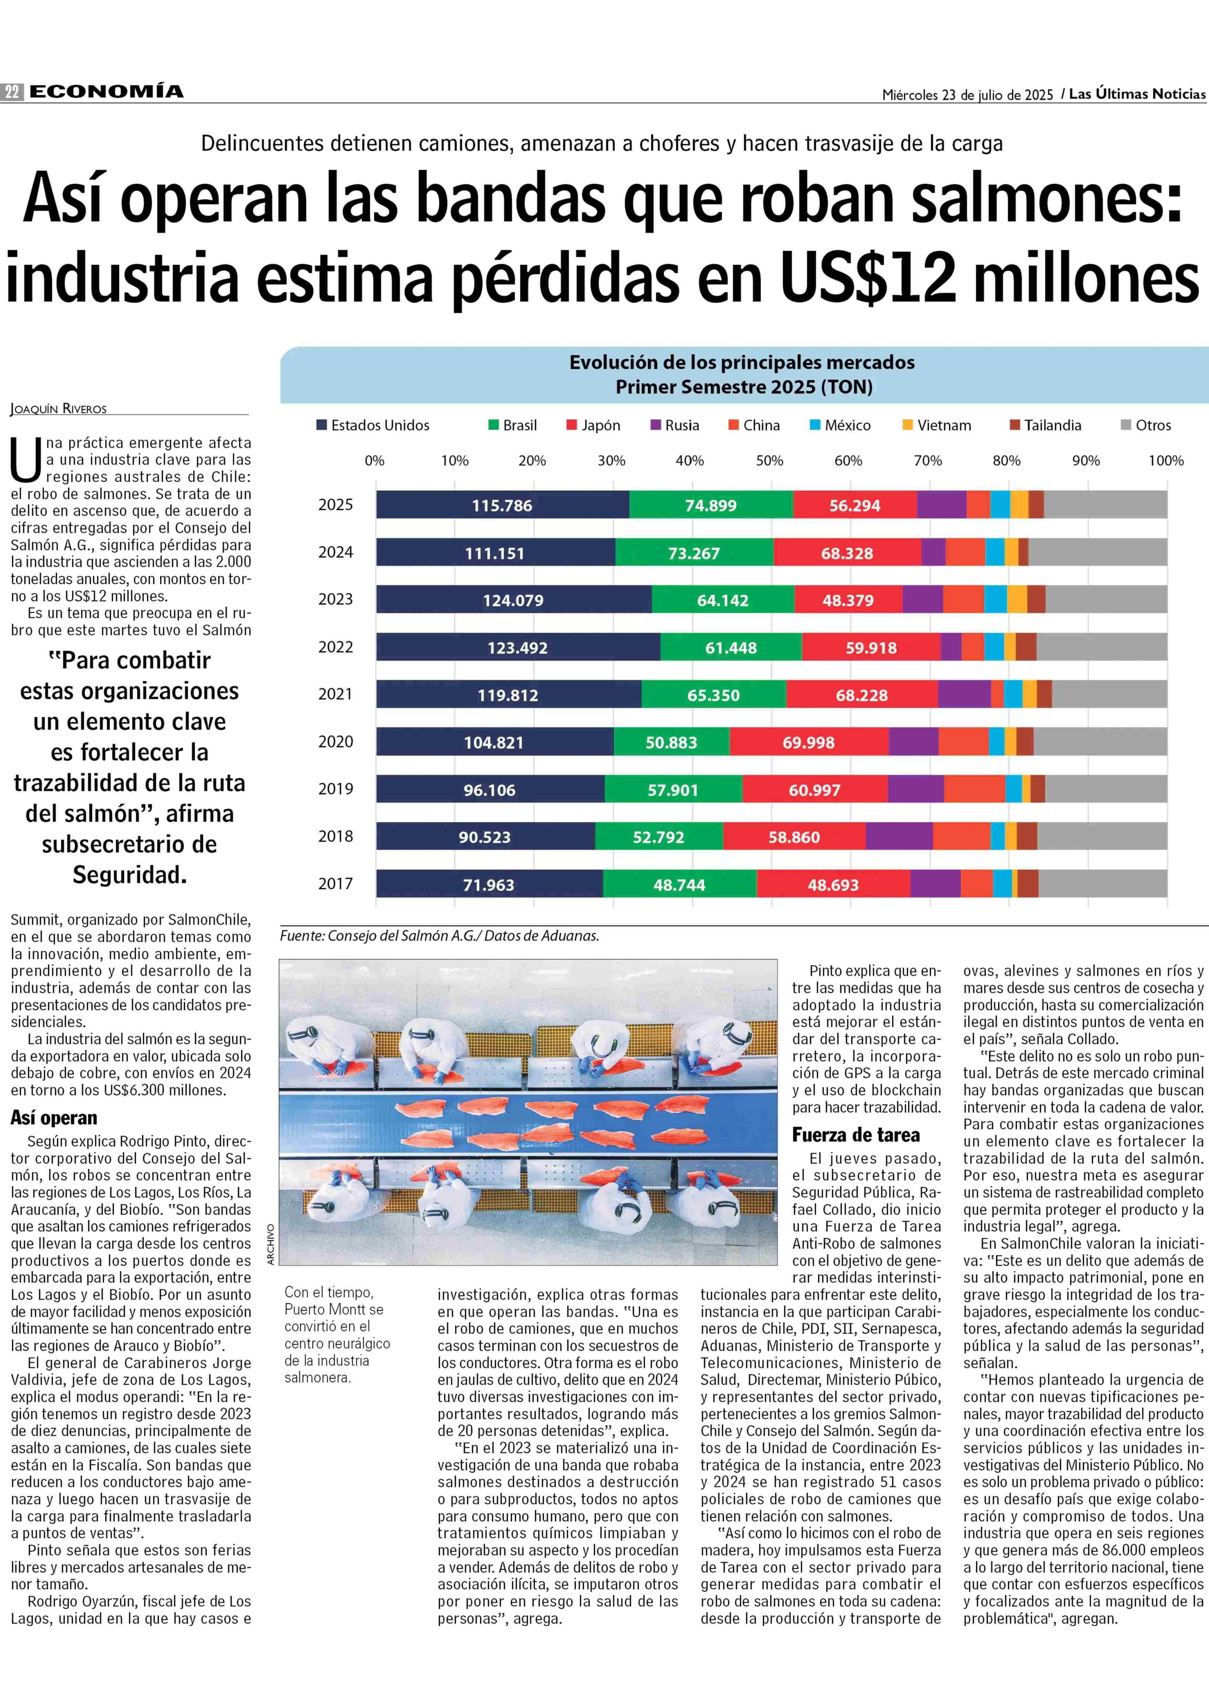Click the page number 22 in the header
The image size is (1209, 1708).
point(12,92)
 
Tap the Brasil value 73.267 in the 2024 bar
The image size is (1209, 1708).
point(694,553)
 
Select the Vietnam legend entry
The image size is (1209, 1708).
point(937,425)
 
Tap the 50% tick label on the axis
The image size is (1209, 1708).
point(770,461)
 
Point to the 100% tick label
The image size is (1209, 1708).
point(1166,461)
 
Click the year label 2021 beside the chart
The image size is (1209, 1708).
point(336,693)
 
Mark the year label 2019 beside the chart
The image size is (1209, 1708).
point(336,789)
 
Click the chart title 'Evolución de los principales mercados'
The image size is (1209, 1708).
point(742,362)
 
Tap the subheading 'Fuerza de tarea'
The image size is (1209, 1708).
point(856,1135)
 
